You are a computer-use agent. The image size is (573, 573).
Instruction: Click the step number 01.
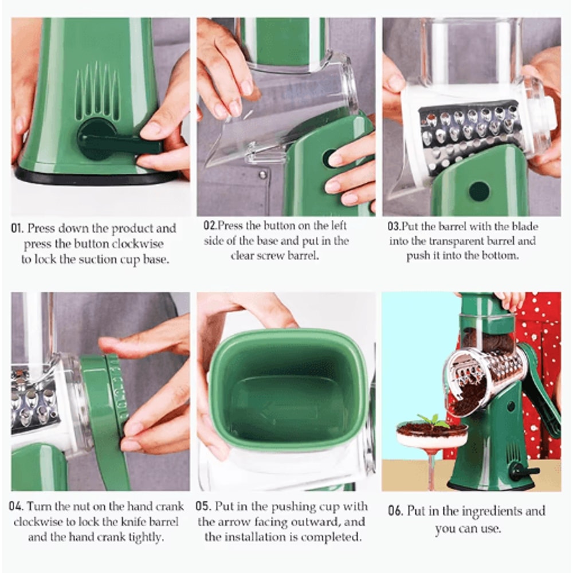pos(17,229)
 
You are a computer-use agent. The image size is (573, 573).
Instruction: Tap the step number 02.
pos(210,226)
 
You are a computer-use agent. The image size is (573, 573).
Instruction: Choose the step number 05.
pos(203,507)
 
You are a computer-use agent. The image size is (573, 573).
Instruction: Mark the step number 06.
pos(395,511)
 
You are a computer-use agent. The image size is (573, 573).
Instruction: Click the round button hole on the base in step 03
pos(479,191)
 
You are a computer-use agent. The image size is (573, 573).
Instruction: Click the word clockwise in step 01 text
pos(138,244)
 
